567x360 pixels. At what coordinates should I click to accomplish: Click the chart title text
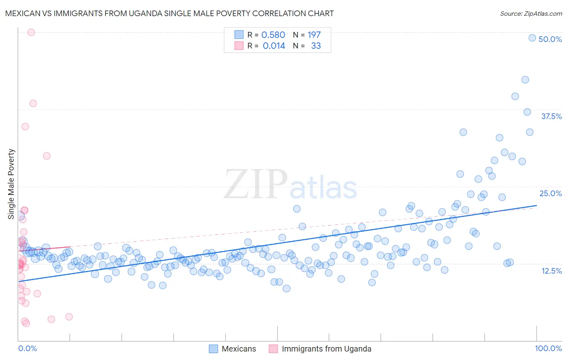click(169, 13)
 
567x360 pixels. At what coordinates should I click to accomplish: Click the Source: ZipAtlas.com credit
click(531, 13)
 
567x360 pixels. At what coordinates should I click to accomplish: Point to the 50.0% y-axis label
click(550, 39)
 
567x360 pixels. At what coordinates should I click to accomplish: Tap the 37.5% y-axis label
click(551, 116)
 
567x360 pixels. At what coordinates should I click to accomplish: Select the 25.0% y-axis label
click(550, 193)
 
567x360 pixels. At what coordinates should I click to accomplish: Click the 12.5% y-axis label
click(551, 271)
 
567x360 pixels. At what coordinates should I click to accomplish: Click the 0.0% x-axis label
click(27, 348)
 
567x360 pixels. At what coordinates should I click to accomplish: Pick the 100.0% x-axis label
click(548, 348)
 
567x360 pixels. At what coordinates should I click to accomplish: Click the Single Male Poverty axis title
click(11, 184)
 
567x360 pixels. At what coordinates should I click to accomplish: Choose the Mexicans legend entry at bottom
click(239, 349)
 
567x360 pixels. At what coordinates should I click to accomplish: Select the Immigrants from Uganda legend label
click(326, 349)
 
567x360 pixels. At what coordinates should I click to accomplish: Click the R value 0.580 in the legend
click(273, 35)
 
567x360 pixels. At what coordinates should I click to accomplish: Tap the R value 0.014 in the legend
click(274, 46)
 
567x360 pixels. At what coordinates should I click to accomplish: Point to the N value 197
click(314, 35)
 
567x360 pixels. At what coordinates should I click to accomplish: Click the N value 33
click(316, 46)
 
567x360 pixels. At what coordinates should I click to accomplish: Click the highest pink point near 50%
click(31, 32)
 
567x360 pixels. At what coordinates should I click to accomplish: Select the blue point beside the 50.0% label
click(532, 38)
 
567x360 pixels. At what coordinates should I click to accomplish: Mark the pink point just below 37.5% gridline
click(33, 103)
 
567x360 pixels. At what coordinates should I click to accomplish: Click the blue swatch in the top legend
click(239, 35)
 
